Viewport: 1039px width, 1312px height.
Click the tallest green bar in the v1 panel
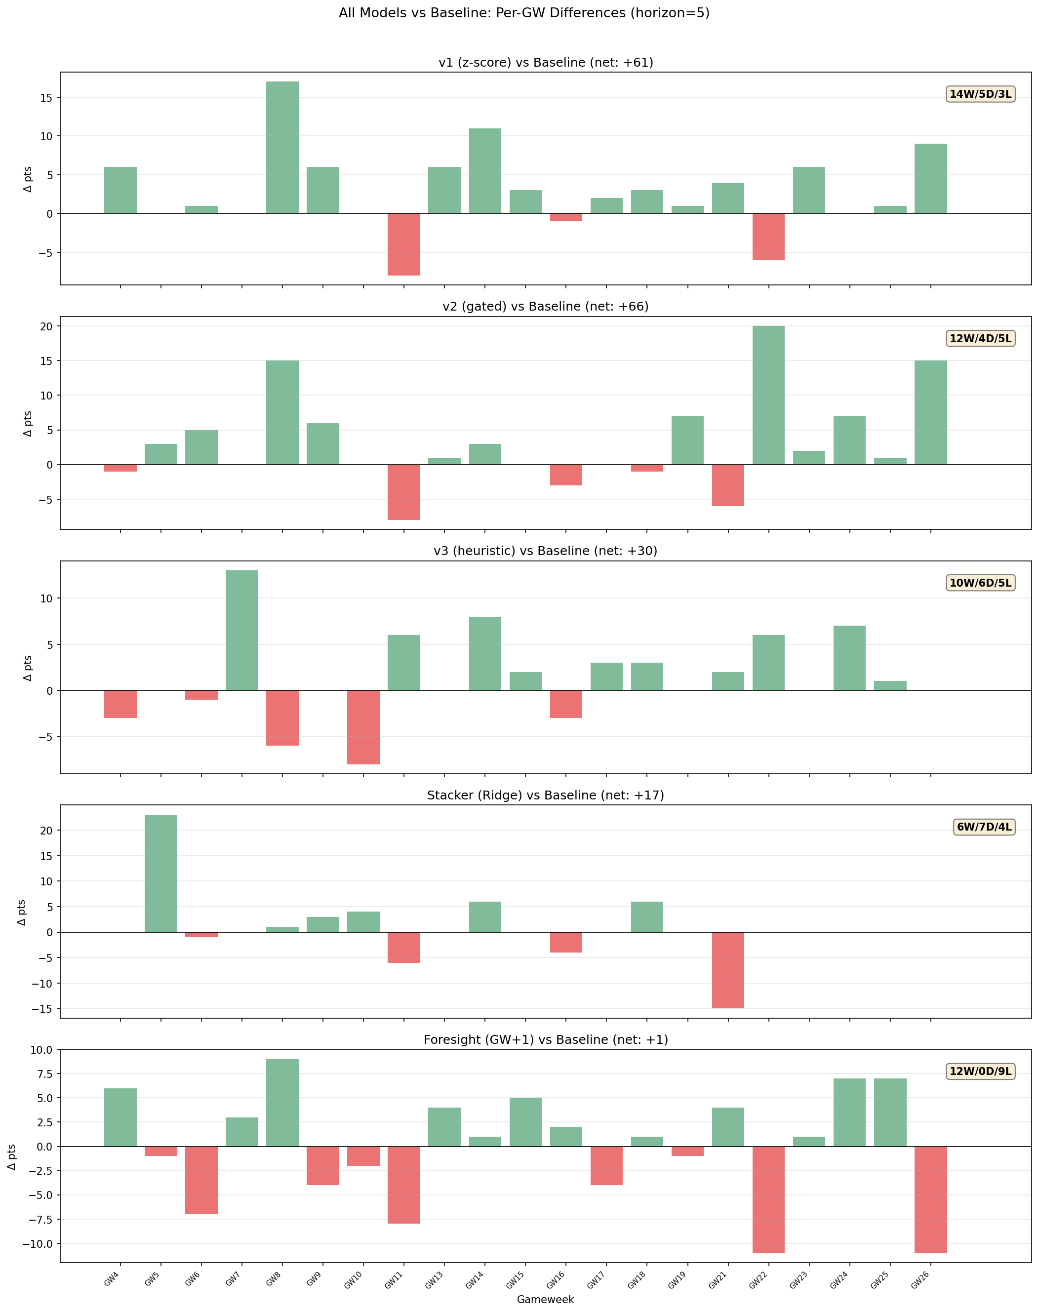pos(282,147)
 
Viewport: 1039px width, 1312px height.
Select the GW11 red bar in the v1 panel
pos(404,244)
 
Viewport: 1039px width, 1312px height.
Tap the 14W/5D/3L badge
pos(980,94)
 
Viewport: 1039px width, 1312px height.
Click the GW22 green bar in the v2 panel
pos(768,396)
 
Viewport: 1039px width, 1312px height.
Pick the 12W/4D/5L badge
pos(980,339)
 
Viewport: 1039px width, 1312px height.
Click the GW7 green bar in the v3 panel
pos(242,630)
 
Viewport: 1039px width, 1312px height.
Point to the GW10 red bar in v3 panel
pos(363,727)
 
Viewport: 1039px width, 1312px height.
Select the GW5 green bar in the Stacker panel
pos(160,874)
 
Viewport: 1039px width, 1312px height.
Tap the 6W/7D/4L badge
pos(984,827)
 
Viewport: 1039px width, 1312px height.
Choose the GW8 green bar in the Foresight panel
pos(282,1103)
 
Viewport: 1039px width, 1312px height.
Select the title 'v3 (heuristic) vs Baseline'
pos(545,551)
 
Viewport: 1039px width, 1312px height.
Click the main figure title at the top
pos(524,13)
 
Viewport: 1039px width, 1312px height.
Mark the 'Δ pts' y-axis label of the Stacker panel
pos(22,913)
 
